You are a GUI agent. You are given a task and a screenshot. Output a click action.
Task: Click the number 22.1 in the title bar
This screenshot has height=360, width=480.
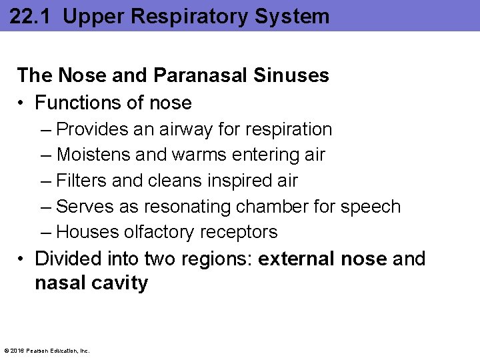[x=29, y=16]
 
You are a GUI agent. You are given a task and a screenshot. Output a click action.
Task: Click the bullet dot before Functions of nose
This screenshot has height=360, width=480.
[x=22, y=103]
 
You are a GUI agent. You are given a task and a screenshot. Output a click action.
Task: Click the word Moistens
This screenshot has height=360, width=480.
[x=93, y=155]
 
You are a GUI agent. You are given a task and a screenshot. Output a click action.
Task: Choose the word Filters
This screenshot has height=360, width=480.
[x=79, y=181]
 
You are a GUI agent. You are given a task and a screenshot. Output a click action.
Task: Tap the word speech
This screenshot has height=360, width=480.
[x=371, y=207]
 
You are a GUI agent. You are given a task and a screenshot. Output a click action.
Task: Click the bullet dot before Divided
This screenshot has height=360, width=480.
[x=22, y=259]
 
